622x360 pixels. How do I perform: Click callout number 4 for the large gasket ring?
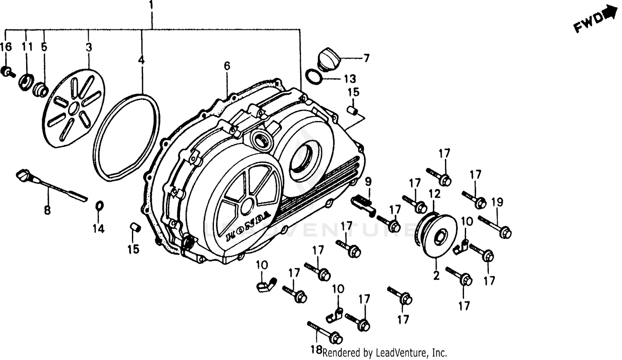(x=141, y=60)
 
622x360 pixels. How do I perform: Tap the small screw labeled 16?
(x=7, y=72)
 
